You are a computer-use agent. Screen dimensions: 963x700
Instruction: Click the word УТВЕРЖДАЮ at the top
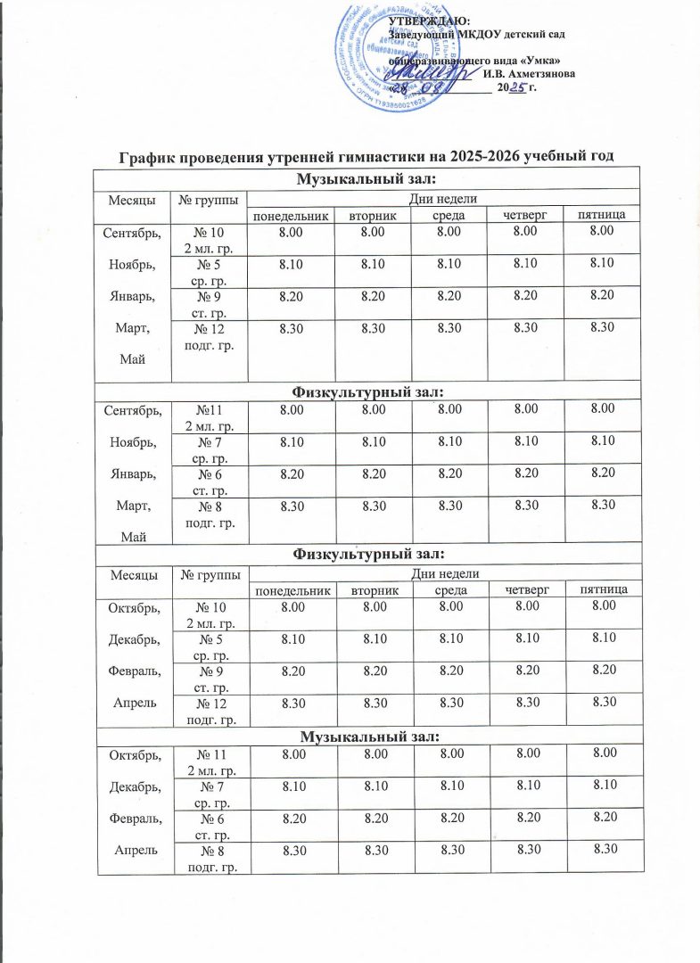click(x=432, y=21)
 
